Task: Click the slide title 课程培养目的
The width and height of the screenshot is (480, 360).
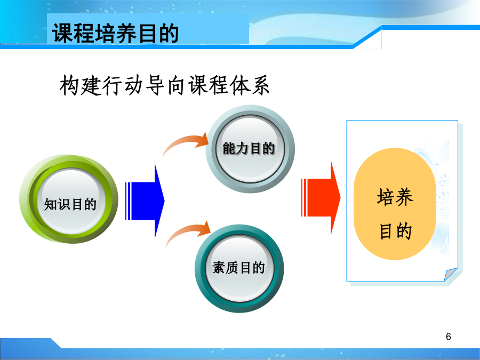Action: coord(115,33)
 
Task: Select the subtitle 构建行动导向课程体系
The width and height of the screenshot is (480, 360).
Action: coord(165,85)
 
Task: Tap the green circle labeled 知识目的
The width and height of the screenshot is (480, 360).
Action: coord(69,199)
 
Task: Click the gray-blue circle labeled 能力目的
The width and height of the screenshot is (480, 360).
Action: coord(250,149)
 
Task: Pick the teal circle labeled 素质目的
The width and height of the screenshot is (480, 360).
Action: coord(239,268)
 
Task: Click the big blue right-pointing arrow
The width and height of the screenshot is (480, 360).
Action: coord(145,201)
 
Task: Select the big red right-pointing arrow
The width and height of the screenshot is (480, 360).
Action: coord(321,198)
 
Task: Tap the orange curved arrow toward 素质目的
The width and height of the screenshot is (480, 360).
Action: coord(187,231)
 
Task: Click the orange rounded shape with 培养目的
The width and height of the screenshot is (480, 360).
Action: coord(395,204)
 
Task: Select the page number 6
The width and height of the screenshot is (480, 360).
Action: coord(449,337)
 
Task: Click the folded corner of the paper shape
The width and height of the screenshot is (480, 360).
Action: coord(450,274)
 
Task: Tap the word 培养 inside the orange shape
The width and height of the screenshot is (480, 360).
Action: coord(395,196)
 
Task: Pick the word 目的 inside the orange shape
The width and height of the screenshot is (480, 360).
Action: coord(395,231)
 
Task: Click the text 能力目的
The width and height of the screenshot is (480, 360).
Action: coord(249,149)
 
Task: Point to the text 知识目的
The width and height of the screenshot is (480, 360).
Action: coord(70,204)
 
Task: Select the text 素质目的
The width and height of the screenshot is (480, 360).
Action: coord(238,268)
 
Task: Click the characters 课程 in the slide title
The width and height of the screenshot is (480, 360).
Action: coord(73,33)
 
